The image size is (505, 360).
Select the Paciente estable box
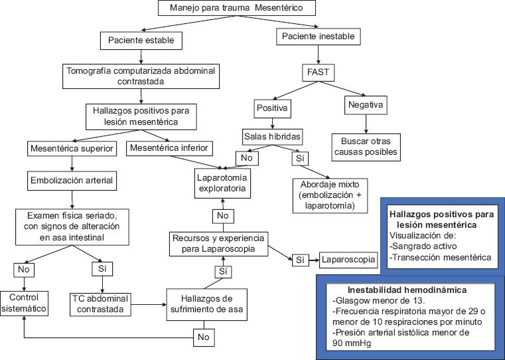coord(141,41)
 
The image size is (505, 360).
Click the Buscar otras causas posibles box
coord(366,146)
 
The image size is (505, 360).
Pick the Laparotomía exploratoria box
coord(223,183)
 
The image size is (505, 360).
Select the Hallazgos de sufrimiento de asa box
coord(206,304)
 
